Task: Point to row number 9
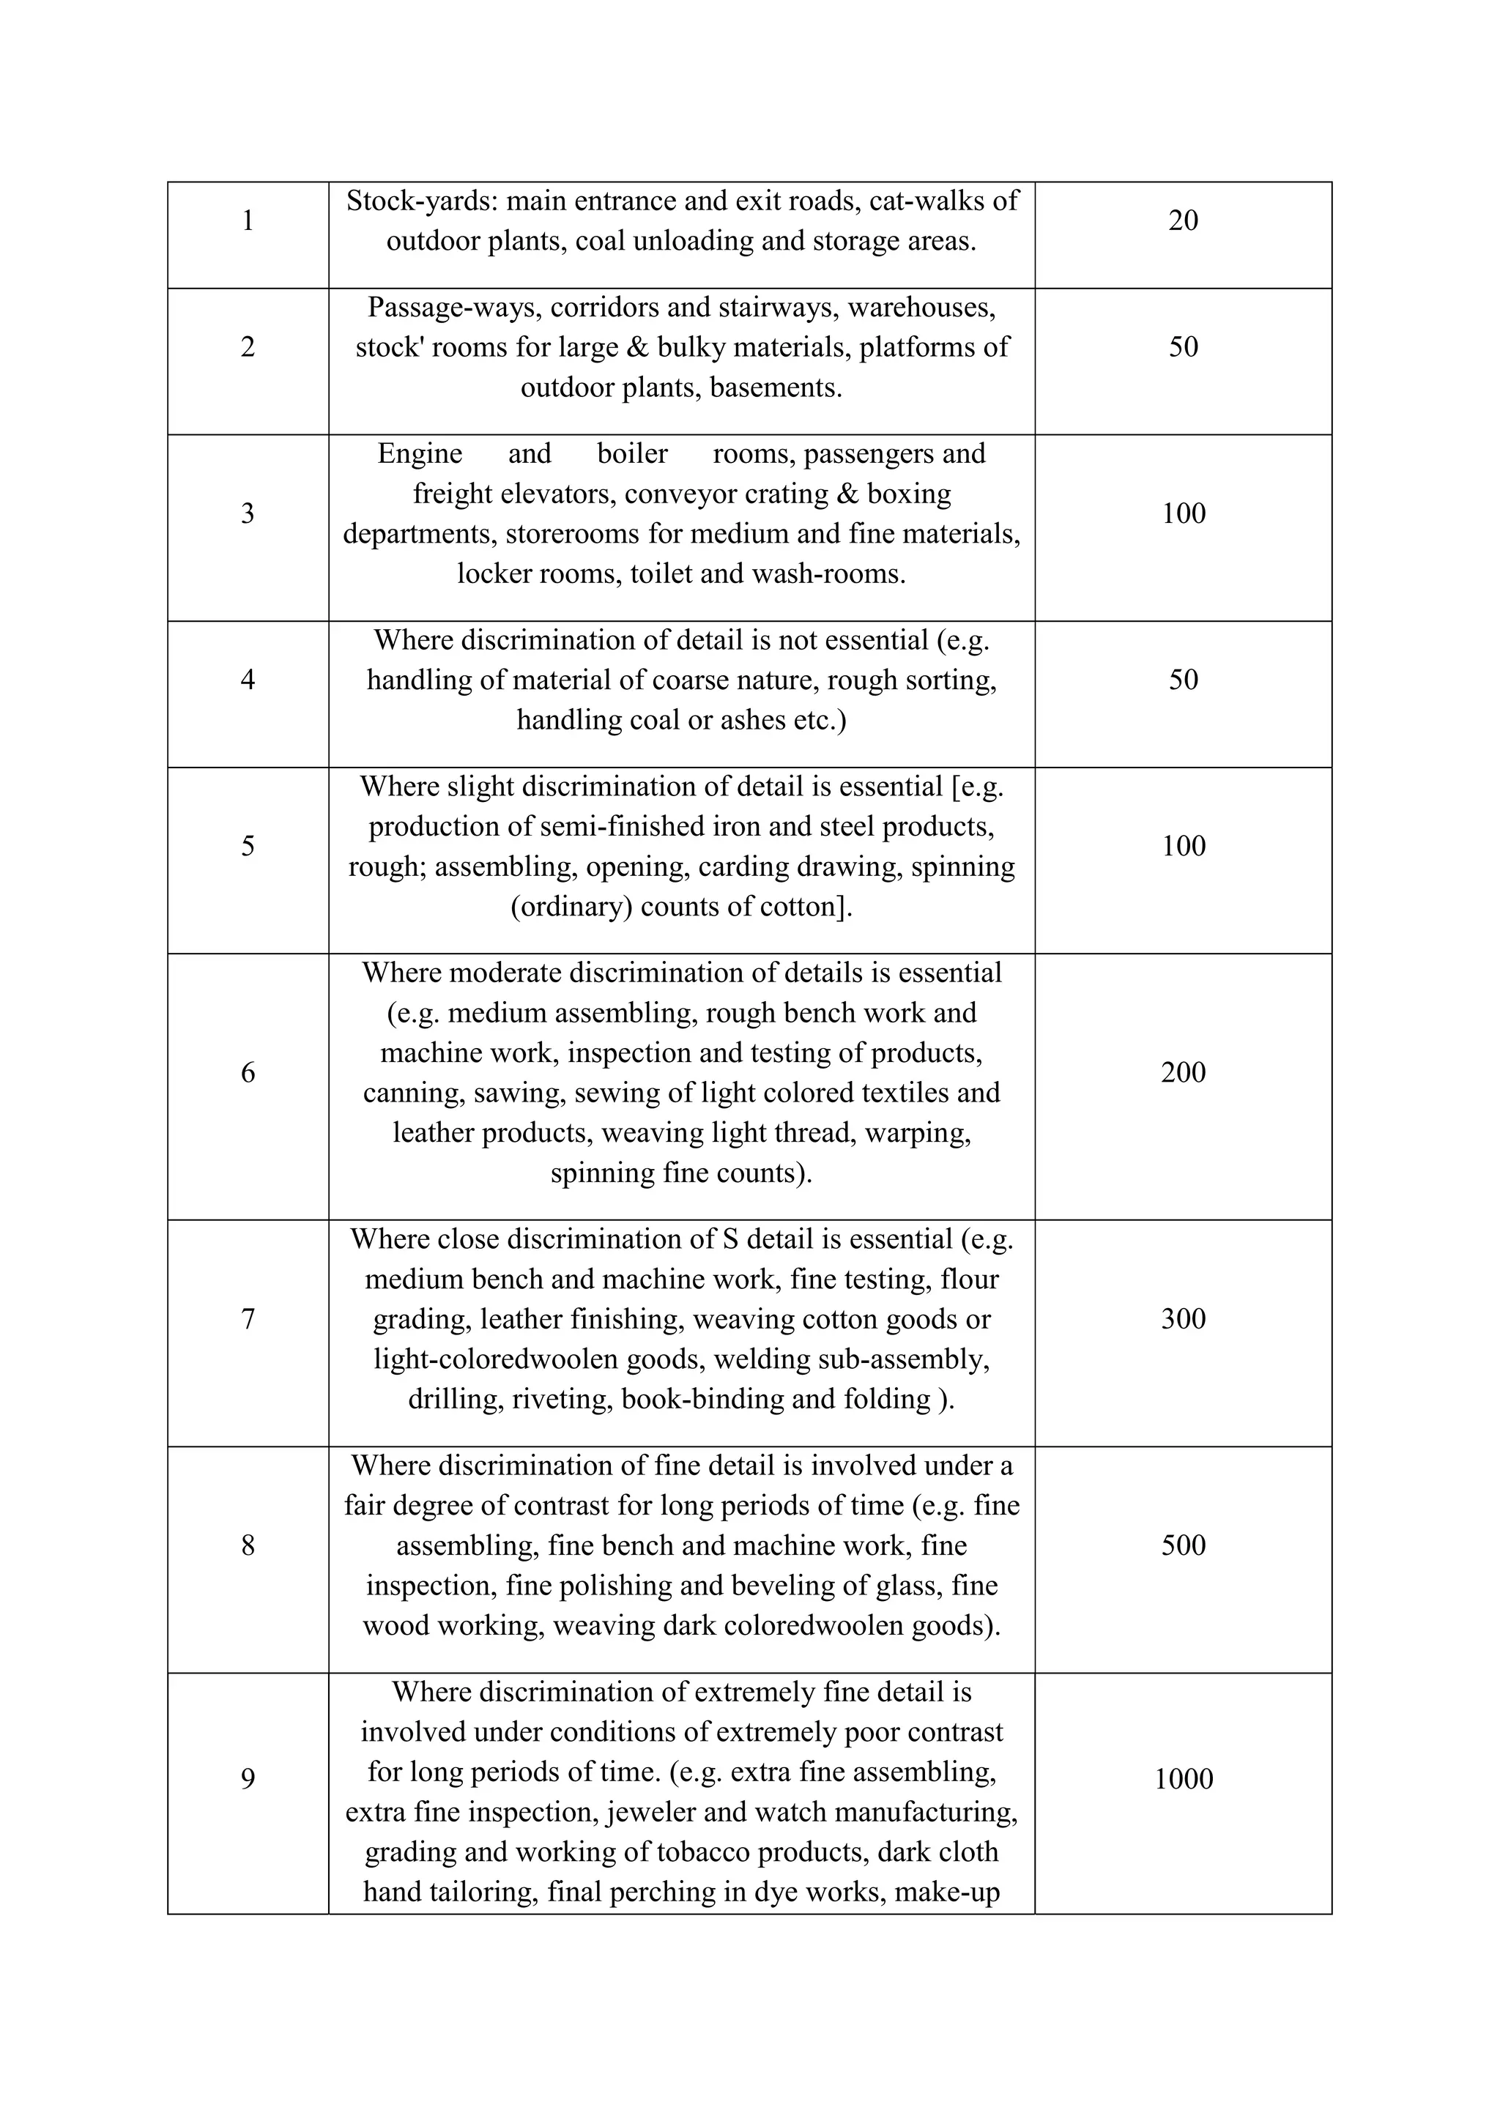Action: (x=248, y=1779)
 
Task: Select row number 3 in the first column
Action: (x=248, y=513)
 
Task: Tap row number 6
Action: (x=248, y=1072)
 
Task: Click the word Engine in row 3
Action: (x=420, y=453)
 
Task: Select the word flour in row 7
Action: (x=969, y=1279)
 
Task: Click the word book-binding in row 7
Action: (x=703, y=1400)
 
